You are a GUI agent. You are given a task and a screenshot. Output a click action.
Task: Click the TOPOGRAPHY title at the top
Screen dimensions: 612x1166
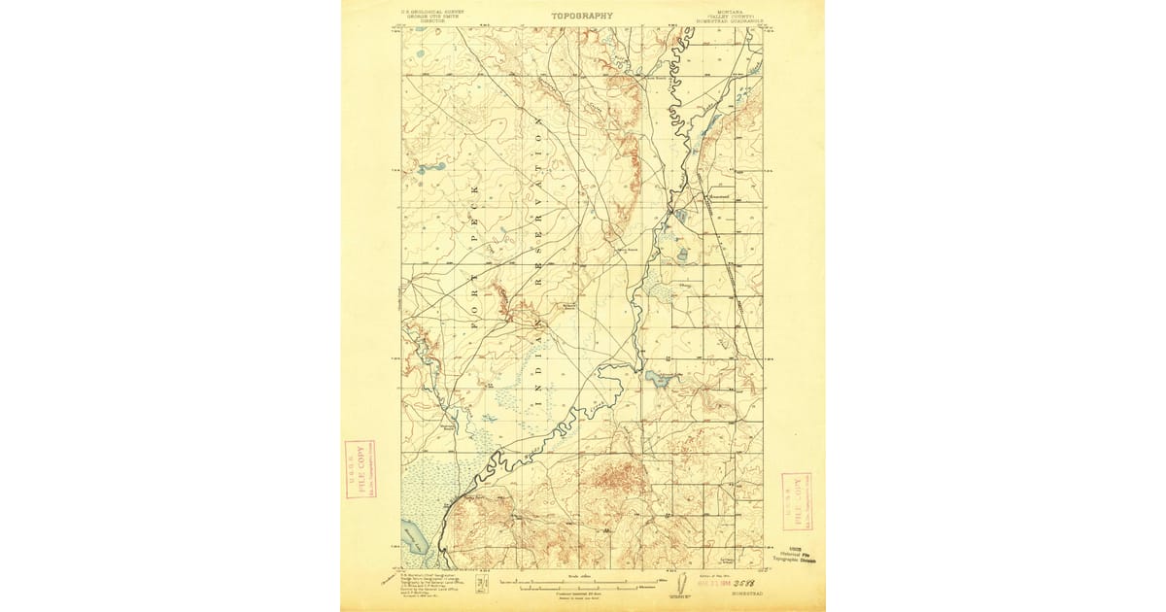coord(582,16)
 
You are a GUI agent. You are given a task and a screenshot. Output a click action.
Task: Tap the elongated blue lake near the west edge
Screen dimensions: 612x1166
coord(430,168)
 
